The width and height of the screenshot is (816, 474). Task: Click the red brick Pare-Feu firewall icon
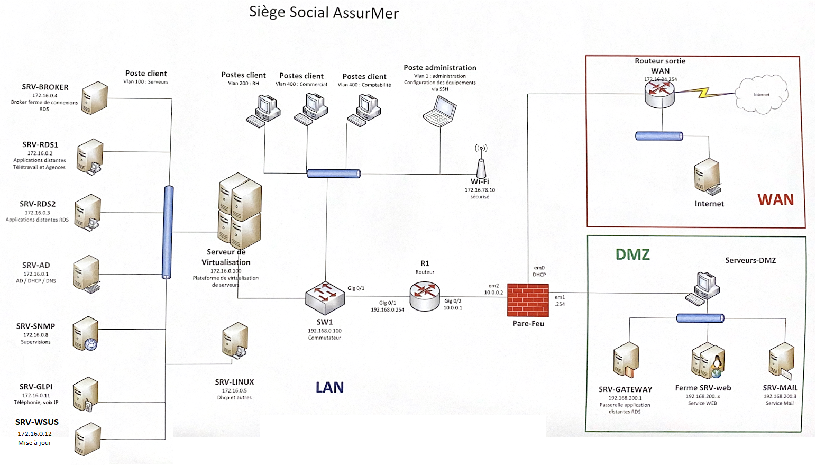pos(528,300)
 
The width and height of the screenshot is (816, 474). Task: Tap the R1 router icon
pos(425,296)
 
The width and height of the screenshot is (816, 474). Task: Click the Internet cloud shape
pos(762,95)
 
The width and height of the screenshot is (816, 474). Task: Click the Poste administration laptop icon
pos(440,112)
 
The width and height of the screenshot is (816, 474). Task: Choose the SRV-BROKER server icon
pos(95,97)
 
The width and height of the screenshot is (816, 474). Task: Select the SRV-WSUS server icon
pos(87,439)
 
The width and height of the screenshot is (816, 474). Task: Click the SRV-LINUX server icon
pos(235,341)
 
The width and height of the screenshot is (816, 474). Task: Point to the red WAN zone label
pos(775,199)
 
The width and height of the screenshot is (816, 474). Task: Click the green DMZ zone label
pos(632,254)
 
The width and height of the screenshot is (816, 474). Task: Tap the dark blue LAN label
pos(329,388)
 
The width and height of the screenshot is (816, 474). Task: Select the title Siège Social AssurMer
pos(324,12)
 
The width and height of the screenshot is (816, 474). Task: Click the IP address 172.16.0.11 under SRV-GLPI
pos(36,395)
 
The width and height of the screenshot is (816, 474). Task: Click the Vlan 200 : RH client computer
pos(264,110)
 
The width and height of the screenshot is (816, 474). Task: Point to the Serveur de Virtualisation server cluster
pos(240,209)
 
